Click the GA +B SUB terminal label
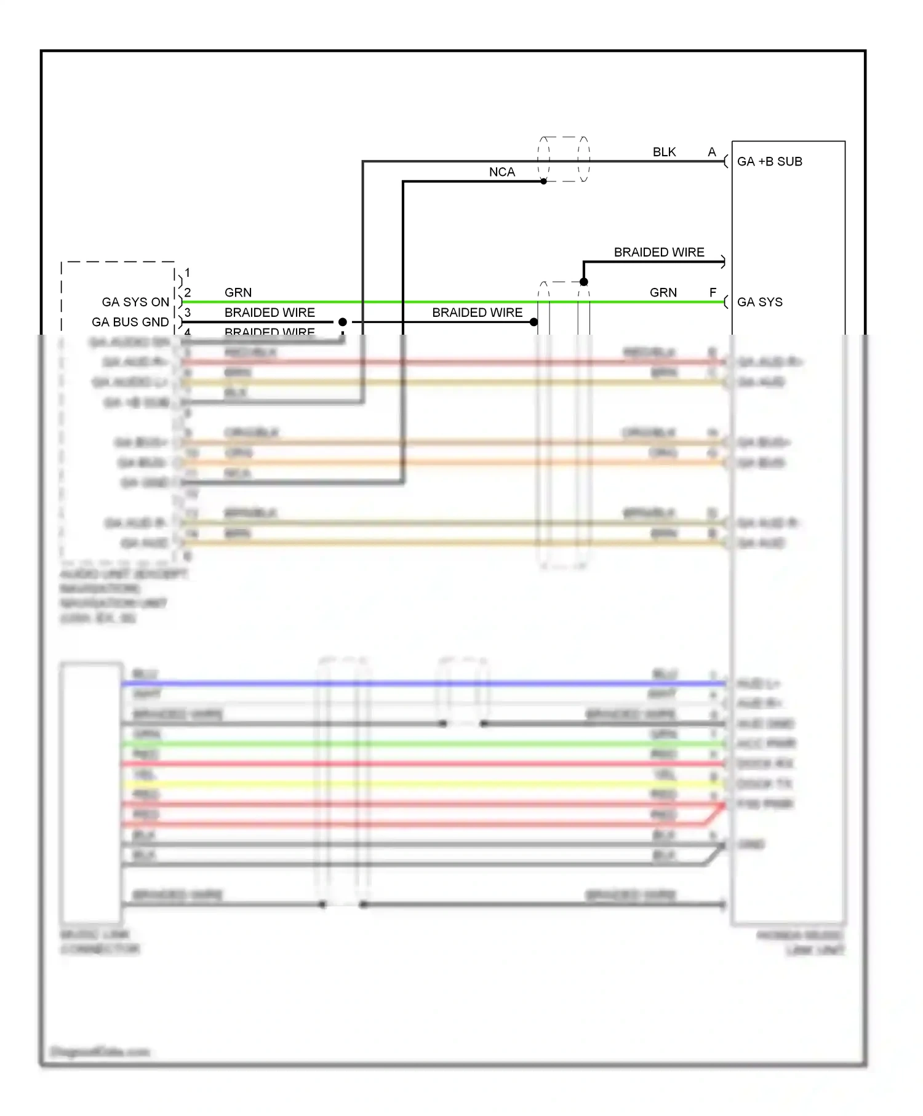[769, 162]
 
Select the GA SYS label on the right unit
[759, 302]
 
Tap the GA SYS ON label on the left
[135, 302]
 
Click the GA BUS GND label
[130, 322]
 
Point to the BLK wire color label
[664, 152]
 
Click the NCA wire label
[501, 172]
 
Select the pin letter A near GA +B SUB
[712, 152]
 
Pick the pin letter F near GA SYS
[713, 293]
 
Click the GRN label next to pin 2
[238, 293]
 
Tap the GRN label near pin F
[663, 293]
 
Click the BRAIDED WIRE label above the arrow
[658, 252]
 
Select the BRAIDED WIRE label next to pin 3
[270, 313]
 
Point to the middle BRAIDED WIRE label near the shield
[477, 313]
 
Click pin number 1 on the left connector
[188, 273]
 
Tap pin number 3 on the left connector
[188, 313]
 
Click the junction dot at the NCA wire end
[543, 181]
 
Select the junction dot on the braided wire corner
[583, 282]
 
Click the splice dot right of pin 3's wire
[343, 322]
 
